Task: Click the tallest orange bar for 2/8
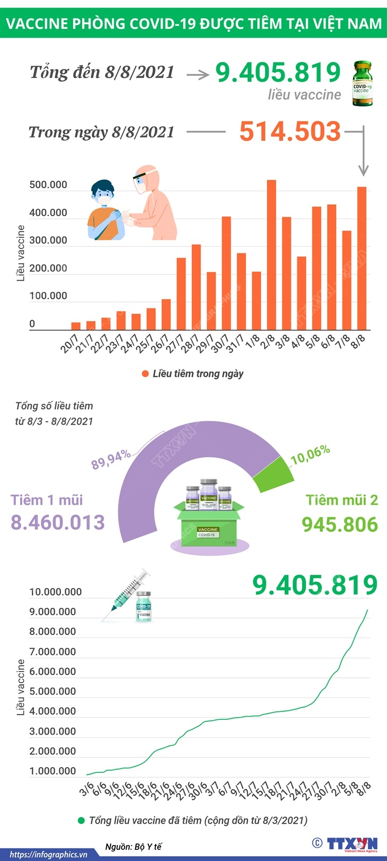(x=271, y=255)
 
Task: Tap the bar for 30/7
(x=226, y=273)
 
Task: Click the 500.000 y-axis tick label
(x=48, y=185)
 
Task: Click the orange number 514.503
(x=289, y=131)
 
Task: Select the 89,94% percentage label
(x=111, y=459)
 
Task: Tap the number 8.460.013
(x=58, y=522)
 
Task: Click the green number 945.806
(x=340, y=524)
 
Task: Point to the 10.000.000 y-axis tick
(x=56, y=592)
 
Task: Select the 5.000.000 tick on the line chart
(x=52, y=691)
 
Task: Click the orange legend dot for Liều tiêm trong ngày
(x=145, y=374)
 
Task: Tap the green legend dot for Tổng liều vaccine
(x=81, y=820)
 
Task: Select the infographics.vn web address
(x=48, y=854)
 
